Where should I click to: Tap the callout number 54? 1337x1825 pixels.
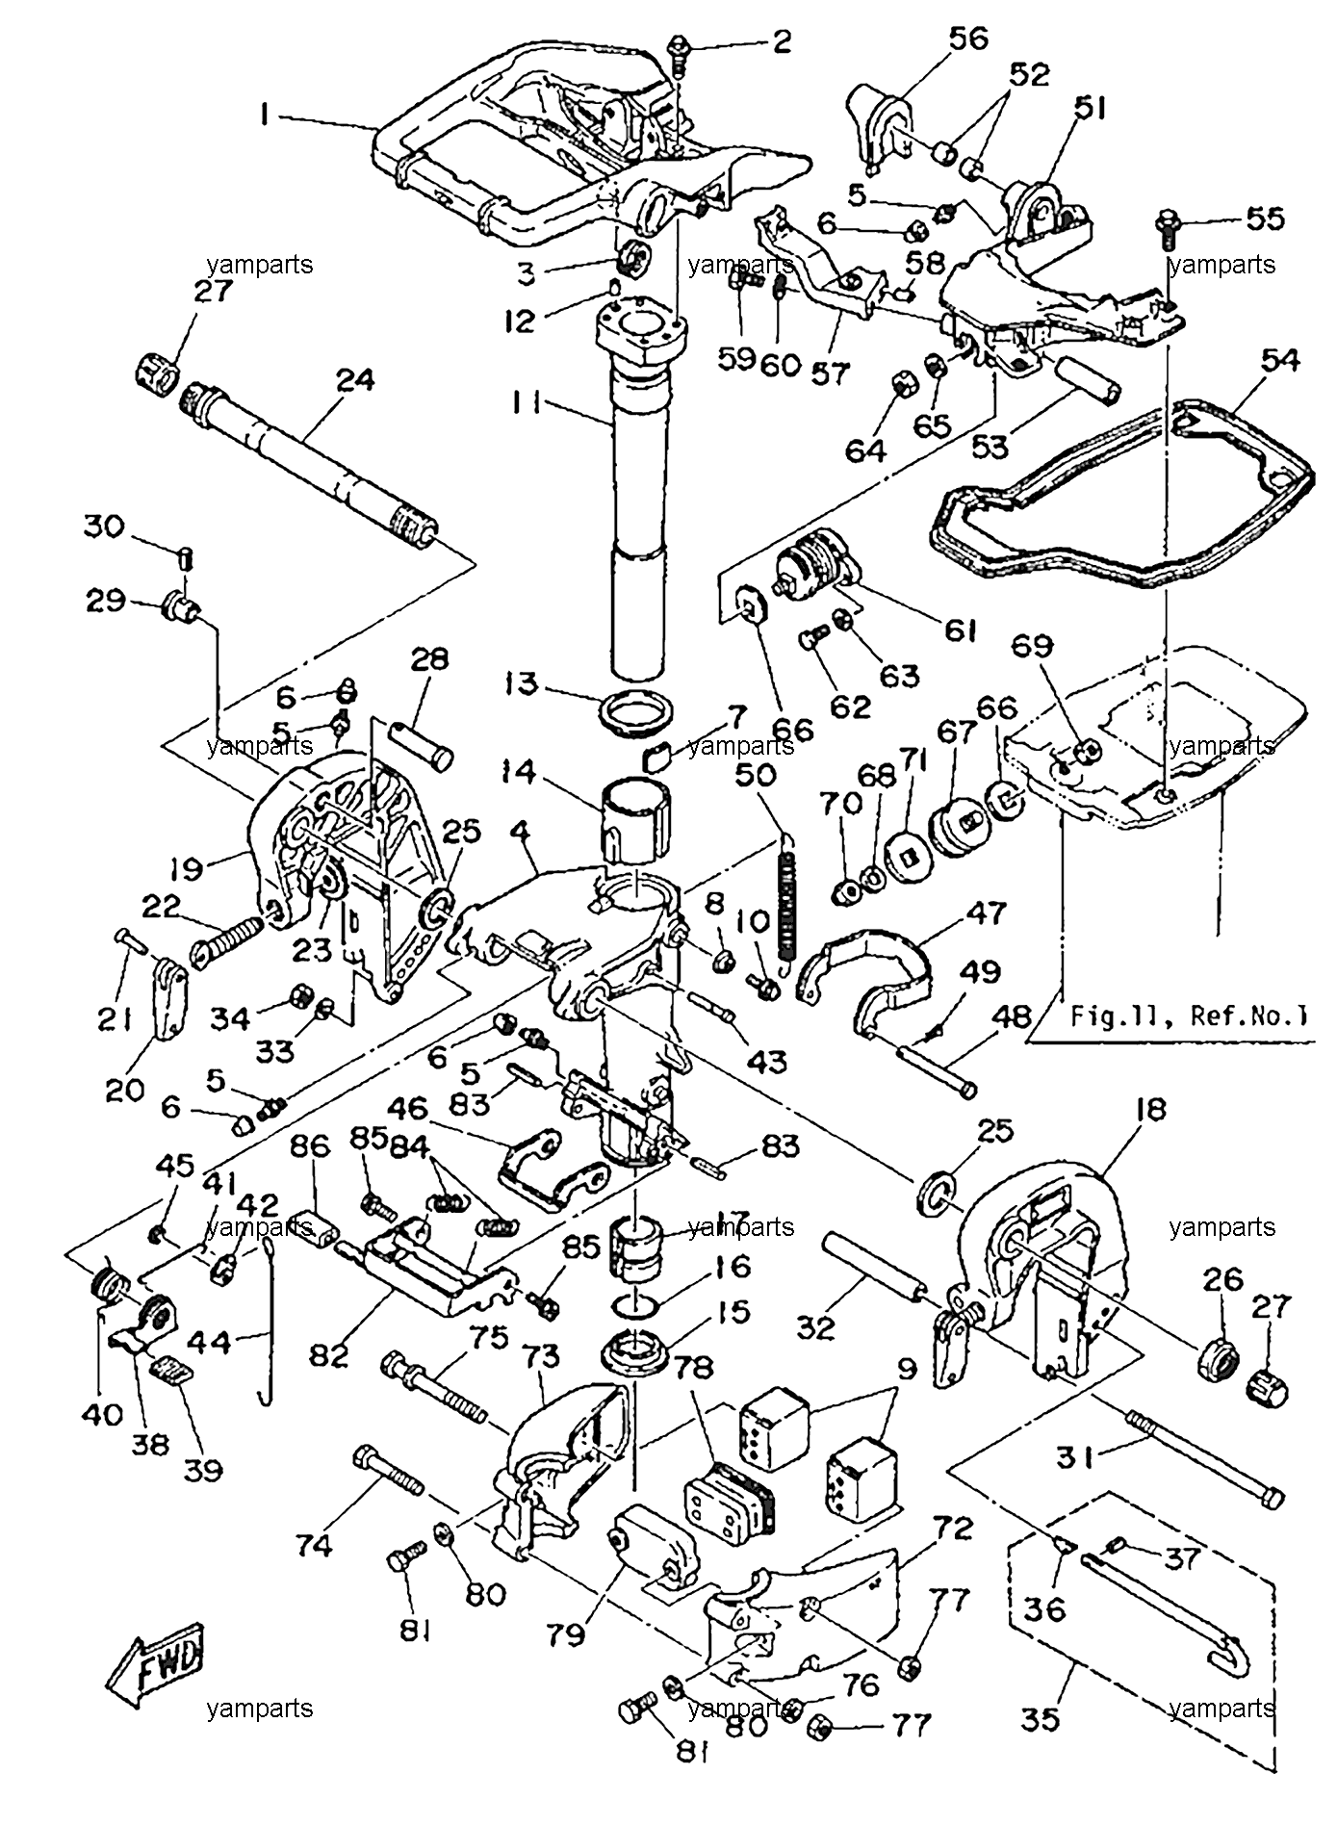[x=1280, y=362]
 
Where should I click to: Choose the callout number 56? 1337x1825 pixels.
[x=968, y=39]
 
